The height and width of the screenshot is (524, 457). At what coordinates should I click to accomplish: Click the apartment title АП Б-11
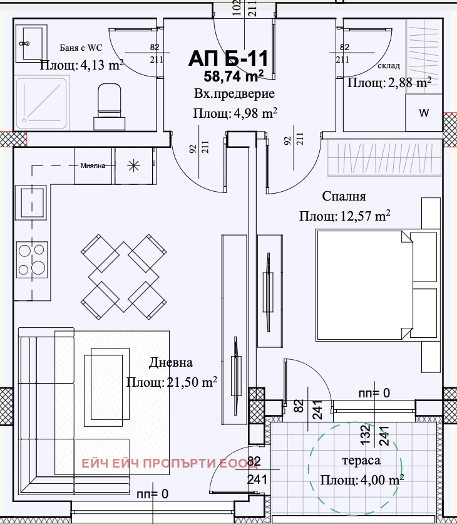pos(228,58)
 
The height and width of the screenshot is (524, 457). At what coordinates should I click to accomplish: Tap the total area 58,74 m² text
pos(234,76)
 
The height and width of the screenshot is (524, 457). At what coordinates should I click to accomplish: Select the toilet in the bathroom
pos(109,107)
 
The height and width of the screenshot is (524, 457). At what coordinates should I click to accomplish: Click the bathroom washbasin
pos(31,43)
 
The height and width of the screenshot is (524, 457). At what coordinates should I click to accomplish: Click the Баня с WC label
pos(81,48)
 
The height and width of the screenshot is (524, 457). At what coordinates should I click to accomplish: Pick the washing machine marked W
pos(424,113)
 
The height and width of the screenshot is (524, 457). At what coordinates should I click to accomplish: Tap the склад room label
pos(389,65)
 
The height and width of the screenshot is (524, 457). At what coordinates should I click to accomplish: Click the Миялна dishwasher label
pos(93,165)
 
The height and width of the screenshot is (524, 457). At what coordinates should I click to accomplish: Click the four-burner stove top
pos(32,259)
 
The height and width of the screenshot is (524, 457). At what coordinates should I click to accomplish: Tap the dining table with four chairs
pos(124,276)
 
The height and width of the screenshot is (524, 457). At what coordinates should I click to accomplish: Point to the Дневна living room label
pos(170,362)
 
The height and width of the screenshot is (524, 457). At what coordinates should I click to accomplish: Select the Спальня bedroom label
pos(344,196)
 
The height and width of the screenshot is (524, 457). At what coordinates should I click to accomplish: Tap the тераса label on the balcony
pos(361,461)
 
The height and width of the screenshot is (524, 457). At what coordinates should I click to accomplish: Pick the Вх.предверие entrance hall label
pos(234,94)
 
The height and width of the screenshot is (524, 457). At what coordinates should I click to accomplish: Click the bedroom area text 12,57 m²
pos(365,216)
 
